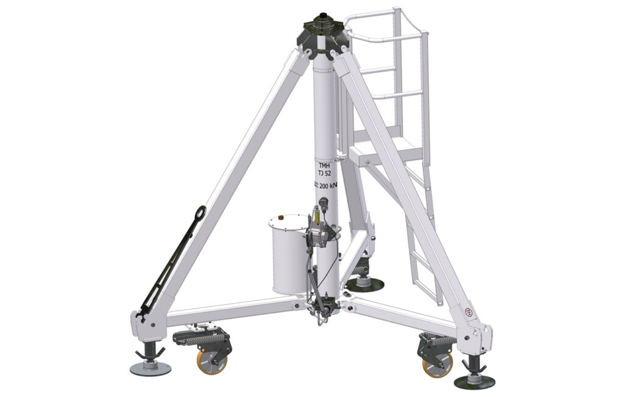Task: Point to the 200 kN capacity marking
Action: click(x=327, y=187)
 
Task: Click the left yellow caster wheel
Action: click(x=211, y=362)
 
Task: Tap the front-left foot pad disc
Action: click(x=150, y=368)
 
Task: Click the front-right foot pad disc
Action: click(x=474, y=382)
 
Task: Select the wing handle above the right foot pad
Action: click(x=473, y=364)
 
